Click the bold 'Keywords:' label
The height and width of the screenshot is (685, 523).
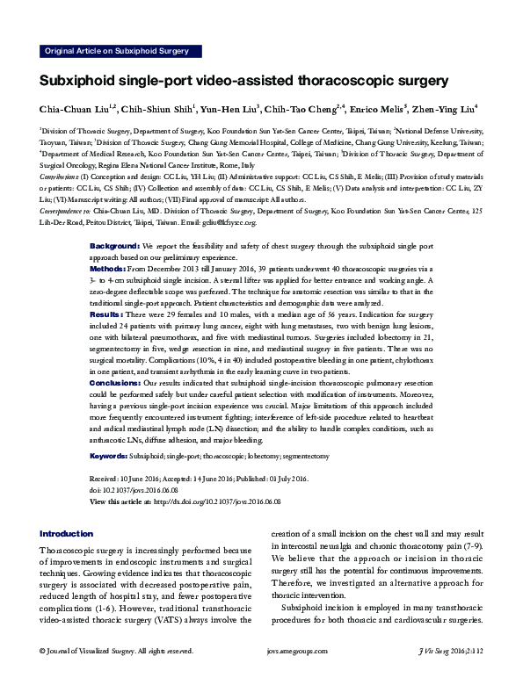pyautogui.click(x=109, y=458)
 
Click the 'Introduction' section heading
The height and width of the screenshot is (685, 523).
pyautogui.click(x=67, y=534)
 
